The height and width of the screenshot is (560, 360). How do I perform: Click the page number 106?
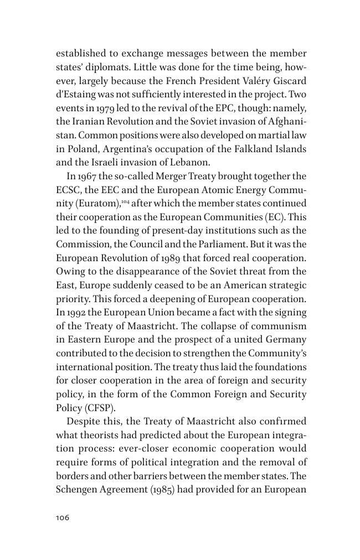tap(63, 517)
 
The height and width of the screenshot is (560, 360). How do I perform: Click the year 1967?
tap(88, 176)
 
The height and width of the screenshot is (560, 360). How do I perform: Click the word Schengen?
tap(78, 490)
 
